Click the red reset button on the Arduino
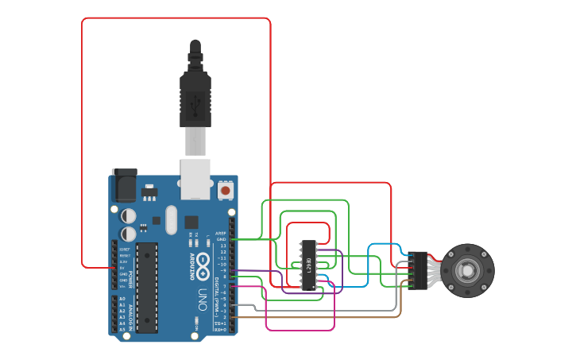point(226,191)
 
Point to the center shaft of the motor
point(468,271)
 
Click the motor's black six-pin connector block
point(419,269)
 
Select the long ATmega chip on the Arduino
point(147,287)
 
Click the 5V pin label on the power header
point(122,267)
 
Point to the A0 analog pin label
point(122,299)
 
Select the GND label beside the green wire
point(222,239)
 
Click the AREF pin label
point(222,234)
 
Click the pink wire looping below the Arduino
point(302,330)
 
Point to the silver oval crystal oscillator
point(171,220)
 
